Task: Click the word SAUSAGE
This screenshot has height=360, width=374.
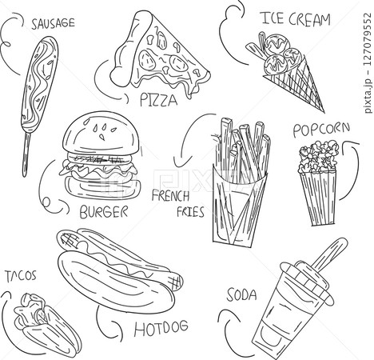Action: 53,23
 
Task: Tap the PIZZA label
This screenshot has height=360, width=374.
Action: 158,100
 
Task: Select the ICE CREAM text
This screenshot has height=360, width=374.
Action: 296,18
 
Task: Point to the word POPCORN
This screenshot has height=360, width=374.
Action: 321,130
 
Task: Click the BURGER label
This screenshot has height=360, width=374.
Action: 104,212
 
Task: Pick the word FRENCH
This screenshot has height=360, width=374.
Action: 170,196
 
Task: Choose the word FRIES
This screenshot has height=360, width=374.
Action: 191,212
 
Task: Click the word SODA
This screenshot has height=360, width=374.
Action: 242,295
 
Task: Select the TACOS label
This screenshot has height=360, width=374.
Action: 21,276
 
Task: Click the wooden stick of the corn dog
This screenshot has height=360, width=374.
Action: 26,154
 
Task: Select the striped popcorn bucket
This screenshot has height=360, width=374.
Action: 319,198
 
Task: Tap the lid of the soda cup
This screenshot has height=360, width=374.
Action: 306,282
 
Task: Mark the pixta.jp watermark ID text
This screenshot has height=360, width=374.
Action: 368,62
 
